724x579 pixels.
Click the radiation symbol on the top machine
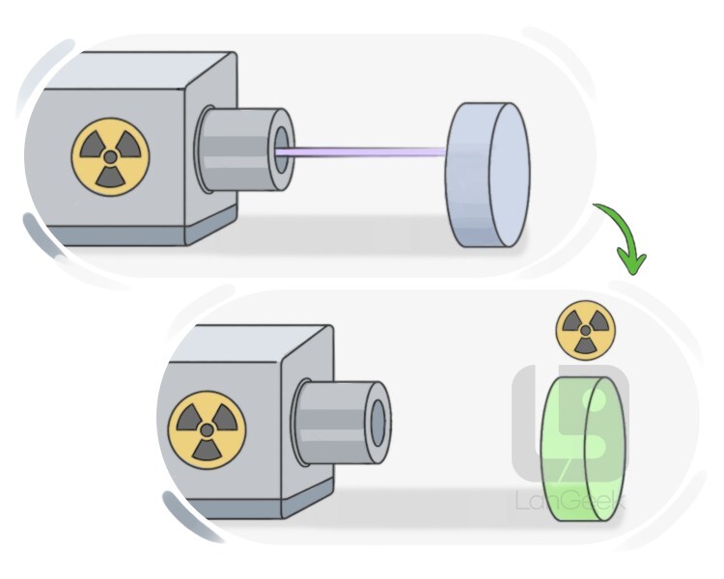pos(110,157)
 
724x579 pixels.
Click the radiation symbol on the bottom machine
pos(207,429)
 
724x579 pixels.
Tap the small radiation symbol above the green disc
pos(586,330)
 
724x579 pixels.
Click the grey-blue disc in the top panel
pos(487,175)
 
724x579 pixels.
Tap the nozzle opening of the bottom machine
pos(378,423)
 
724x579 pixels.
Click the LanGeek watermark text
pos(571,501)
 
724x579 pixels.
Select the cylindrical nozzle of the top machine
pos(245,150)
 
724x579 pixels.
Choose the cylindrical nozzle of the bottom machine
pos(342,423)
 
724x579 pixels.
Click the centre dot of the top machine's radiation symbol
pos(110,157)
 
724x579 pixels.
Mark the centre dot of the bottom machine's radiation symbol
pos(207,429)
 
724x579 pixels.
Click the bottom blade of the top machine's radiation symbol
pos(111,178)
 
